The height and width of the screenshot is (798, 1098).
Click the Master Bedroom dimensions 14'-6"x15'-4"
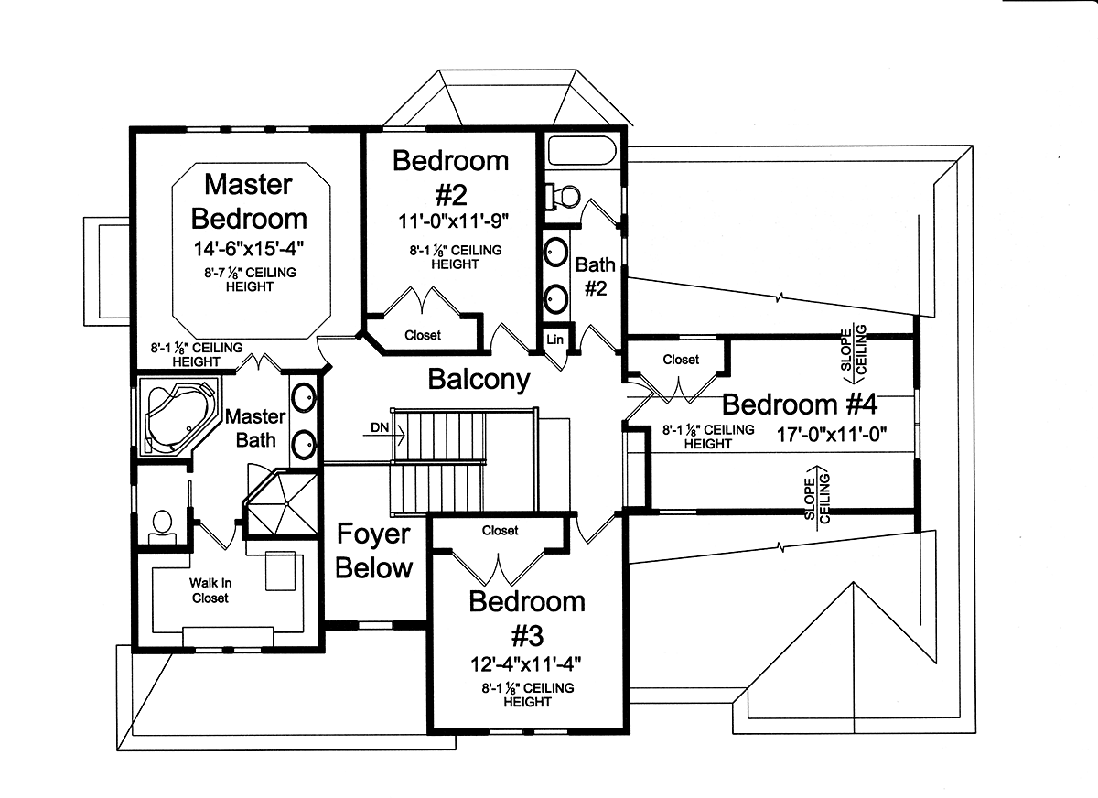(x=249, y=249)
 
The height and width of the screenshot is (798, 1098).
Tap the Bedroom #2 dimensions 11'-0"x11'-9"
(x=453, y=221)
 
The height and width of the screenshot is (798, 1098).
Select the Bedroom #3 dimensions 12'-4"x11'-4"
(x=526, y=665)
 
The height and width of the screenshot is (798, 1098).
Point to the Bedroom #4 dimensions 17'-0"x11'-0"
(x=832, y=435)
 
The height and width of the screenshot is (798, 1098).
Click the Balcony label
(x=479, y=380)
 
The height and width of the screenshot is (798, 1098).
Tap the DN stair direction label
(x=380, y=427)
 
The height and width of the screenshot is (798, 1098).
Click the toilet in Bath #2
(x=564, y=197)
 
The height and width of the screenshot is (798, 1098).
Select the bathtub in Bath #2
(x=582, y=150)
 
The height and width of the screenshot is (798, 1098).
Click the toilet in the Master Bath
(x=162, y=527)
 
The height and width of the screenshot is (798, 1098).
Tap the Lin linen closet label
(x=554, y=340)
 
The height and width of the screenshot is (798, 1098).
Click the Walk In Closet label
(x=210, y=590)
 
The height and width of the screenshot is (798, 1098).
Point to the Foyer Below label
(x=374, y=551)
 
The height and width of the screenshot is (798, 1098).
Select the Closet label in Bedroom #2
(x=423, y=335)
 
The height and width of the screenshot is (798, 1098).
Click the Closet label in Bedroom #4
(x=681, y=360)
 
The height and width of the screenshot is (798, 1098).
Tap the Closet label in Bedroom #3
(x=500, y=531)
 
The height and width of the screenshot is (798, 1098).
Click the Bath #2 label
(x=595, y=276)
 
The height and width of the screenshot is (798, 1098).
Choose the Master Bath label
(x=255, y=428)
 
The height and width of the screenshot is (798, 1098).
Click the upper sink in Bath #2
(x=556, y=253)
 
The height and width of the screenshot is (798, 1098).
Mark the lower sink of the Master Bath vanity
(x=304, y=444)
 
